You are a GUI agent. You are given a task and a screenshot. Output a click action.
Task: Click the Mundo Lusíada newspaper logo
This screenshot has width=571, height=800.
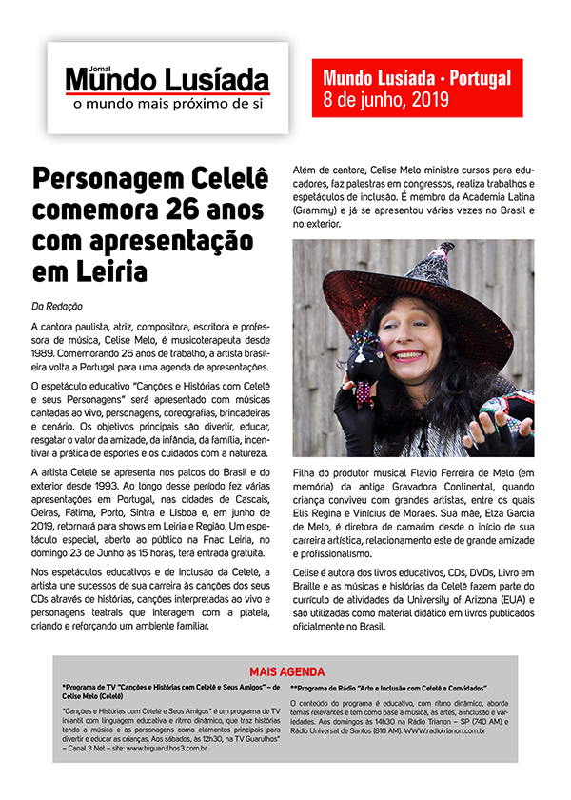point(167,80)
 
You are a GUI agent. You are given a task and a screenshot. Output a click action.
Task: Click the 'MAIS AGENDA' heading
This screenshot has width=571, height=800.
point(286,671)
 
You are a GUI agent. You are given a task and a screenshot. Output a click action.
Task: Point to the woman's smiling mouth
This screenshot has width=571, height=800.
point(428,375)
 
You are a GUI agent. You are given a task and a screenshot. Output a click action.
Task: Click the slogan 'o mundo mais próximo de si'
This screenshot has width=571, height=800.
point(167,101)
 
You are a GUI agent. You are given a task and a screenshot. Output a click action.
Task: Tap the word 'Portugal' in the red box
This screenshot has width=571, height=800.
point(477,78)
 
